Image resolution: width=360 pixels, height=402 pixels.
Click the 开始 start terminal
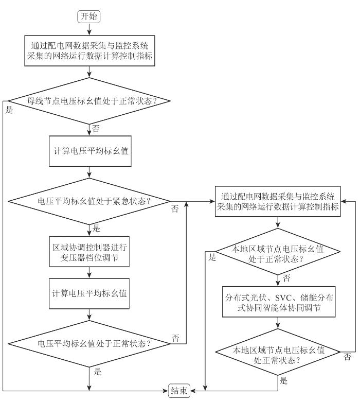[88, 16]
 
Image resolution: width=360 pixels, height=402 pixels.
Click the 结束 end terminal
[179, 391]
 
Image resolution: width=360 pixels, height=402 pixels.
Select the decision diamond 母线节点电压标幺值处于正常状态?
[89, 101]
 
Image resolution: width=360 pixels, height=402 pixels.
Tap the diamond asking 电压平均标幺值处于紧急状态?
[89, 201]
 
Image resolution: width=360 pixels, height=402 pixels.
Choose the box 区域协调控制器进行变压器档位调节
[89, 252]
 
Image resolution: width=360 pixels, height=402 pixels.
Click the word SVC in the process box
[283, 298]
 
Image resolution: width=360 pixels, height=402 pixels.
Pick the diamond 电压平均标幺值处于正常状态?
[89, 343]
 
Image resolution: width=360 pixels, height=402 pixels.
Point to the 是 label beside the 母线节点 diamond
[9, 110]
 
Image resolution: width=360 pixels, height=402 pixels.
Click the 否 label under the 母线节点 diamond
[96, 129]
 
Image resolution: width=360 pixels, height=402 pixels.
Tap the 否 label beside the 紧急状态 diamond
[175, 209]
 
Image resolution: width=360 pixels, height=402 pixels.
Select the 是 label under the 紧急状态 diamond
[96, 228]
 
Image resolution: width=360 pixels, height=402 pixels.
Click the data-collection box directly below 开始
[89, 51]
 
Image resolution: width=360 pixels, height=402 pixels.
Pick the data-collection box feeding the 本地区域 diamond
[278, 201]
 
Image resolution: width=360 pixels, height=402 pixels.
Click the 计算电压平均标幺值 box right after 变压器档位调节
[89, 293]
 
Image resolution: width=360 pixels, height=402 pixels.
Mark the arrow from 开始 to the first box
[89, 29]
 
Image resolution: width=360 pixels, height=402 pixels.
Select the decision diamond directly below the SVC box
[278, 352]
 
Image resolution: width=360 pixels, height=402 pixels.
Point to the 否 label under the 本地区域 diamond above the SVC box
[286, 278]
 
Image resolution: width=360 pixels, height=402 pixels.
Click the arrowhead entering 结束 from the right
[192, 391]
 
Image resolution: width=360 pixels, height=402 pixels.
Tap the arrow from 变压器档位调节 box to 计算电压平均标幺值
[89, 272]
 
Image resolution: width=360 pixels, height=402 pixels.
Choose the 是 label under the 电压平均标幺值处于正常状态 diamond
[97, 371]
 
